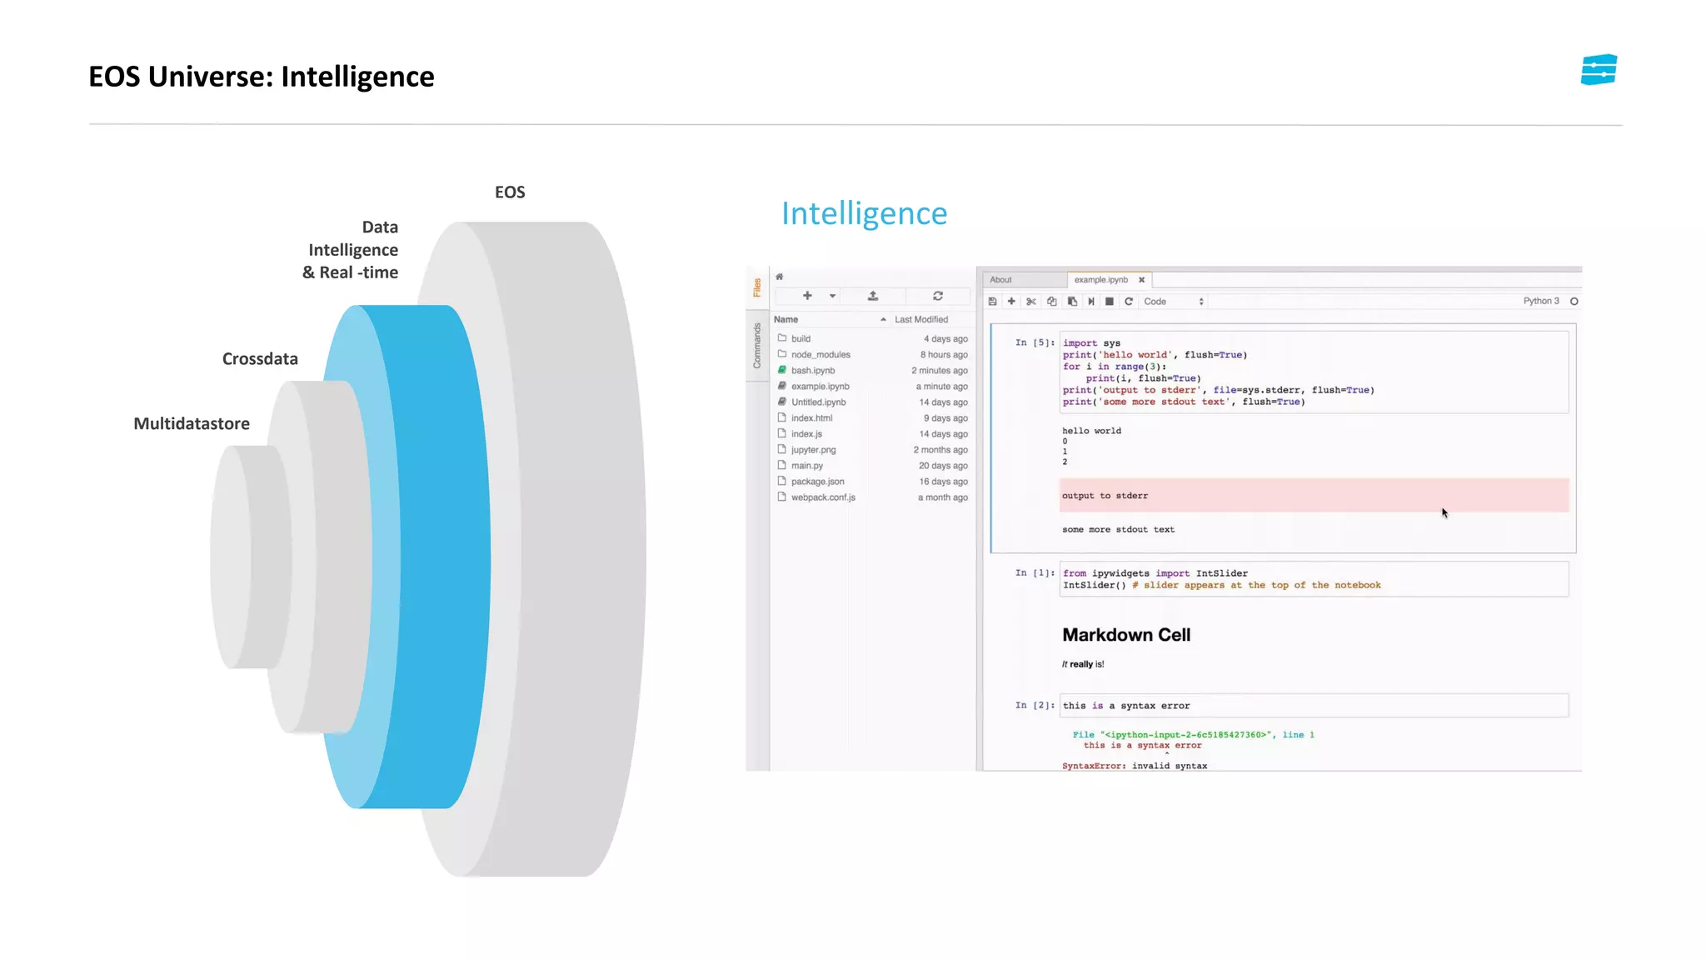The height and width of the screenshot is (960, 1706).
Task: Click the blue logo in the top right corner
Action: click(1599, 70)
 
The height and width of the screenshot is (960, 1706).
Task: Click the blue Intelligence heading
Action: click(864, 214)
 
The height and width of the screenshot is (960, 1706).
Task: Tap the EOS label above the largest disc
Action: click(510, 192)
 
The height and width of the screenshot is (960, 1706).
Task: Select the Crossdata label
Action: click(260, 359)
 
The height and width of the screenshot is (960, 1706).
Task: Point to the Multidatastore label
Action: click(192, 424)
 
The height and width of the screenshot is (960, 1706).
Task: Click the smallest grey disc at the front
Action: click(242, 557)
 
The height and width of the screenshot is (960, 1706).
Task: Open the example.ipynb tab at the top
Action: click(1100, 280)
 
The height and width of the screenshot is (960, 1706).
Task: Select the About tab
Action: click(1000, 280)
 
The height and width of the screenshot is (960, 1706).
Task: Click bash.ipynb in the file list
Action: click(812, 371)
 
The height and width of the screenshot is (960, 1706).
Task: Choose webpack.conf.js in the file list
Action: click(823, 497)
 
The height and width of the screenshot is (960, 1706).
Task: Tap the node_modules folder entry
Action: click(820, 355)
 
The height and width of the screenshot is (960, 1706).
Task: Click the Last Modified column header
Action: click(921, 320)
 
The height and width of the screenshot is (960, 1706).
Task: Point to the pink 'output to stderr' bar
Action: click(1314, 496)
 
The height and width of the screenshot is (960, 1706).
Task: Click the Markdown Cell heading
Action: click(1126, 635)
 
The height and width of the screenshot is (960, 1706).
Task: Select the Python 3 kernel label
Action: click(1541, 302)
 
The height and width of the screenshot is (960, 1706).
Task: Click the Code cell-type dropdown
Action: click(1174, 302)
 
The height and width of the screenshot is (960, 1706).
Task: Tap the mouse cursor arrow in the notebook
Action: click(1444, 513)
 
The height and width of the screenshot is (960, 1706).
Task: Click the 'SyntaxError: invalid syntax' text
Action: click(1135, 766)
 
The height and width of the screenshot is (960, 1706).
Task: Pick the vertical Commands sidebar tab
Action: click(757, 346)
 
